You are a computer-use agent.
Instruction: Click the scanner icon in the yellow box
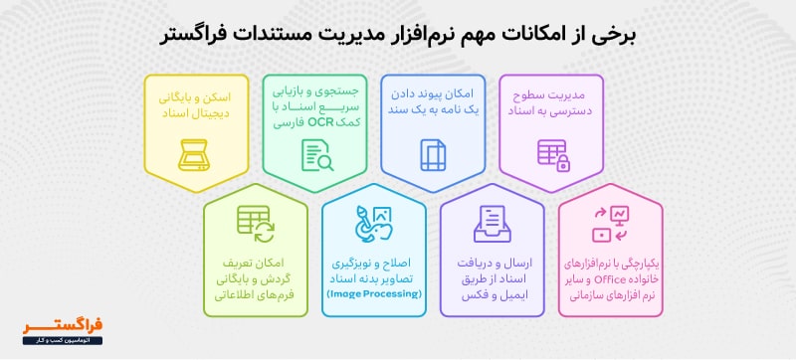195,153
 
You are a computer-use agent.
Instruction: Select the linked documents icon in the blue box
434,154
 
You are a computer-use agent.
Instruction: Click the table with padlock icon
552,154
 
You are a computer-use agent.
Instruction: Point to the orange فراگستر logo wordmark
63,324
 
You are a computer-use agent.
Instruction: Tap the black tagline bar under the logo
63,340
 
